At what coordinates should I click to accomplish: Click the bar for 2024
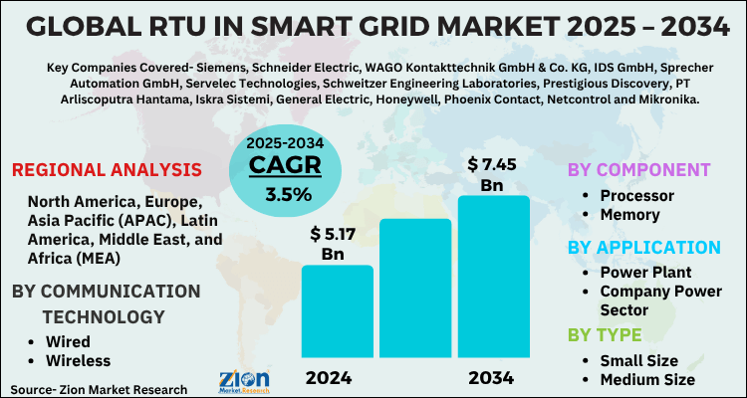(x=337, y=313)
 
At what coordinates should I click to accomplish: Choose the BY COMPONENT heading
(x=638, y=169)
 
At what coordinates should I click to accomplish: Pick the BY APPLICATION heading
(x=643, y=247)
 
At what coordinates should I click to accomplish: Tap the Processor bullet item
(x=636, y=195)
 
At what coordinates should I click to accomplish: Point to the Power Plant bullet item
(x=644, y=272)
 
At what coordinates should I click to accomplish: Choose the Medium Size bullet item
(x=645, y=379)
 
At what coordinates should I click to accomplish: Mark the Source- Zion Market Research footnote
(x=100, y=388)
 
